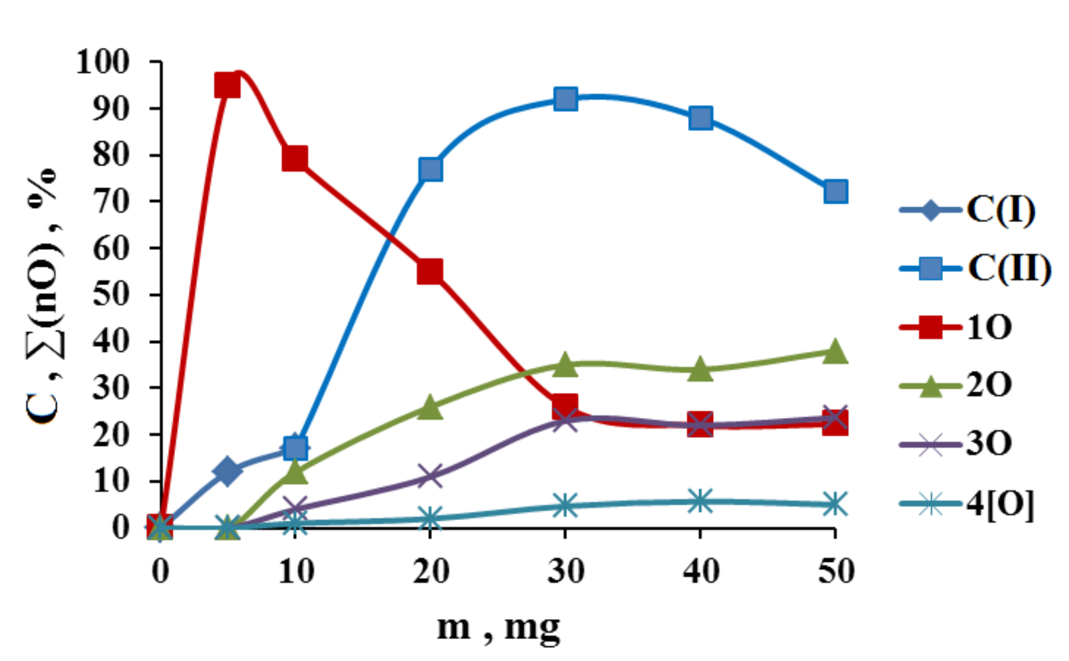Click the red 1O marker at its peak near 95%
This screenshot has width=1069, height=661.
click(227, 85)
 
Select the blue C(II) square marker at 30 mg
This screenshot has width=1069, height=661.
click(565, 99)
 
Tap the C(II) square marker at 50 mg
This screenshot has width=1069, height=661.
click(835, 191)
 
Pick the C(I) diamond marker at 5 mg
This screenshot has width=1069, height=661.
click(227, 470)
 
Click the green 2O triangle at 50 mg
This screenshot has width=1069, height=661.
click(835, 352)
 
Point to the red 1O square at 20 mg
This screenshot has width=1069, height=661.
click(429, 272)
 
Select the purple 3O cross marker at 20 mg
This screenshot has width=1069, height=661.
click(429, 476)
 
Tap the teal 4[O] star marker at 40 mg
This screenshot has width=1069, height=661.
click(700, 501)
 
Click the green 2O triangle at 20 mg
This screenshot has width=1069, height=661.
click(429, 408)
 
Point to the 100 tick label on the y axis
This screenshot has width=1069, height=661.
click(102, 62)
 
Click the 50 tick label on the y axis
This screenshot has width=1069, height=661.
click(111, 295)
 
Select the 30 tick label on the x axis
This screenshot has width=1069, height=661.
click(565, 571)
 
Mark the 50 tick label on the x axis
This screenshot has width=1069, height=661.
click(836, 571)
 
